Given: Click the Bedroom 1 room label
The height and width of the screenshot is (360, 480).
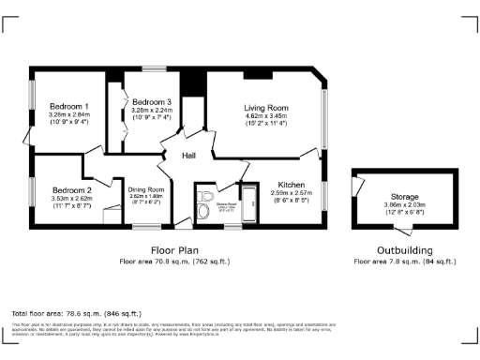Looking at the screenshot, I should [69, 106].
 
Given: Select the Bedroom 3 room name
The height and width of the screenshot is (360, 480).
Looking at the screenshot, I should [151, 101].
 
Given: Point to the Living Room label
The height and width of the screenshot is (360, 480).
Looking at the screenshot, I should [265, 108].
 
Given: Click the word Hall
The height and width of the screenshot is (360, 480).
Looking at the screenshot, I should [188, 155].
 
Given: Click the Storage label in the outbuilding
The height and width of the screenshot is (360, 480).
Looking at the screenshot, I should [404, 197].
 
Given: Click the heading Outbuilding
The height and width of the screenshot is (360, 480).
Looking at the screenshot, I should [405, 250].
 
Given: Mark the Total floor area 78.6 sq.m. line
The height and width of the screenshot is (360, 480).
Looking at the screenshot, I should [75, 312].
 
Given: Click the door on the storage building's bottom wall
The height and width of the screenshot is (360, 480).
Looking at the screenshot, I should [404, 231].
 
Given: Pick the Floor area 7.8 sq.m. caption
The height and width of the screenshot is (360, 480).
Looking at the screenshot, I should [405, 262].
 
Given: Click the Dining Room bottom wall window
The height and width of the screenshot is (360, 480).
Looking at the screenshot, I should [145, 227].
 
